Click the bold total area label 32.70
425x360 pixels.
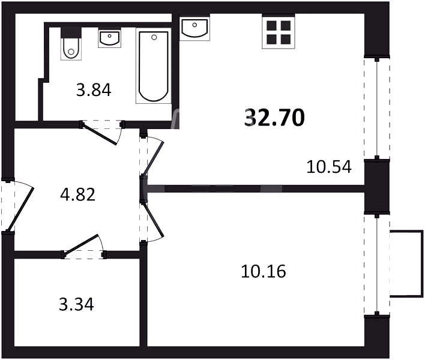(274, 118)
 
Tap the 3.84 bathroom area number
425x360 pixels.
(94, 90)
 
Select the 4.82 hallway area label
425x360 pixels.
(78, 194)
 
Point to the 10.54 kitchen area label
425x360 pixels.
(329, 167)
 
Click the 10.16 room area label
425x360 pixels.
(264, 271)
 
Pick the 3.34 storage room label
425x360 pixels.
(76, 304)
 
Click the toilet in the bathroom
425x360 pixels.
(71, 43)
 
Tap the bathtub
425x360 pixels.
(154, 65)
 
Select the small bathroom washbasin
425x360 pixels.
(109, 39)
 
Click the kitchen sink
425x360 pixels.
(194, 28)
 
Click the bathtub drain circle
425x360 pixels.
(154, 37)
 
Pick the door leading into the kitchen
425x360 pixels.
(154, 158)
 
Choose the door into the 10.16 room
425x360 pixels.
(152, 221)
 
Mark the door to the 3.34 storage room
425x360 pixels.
(81, 245)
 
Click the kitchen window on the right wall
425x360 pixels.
(377, 107)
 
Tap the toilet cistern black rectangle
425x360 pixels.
(71, 32)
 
